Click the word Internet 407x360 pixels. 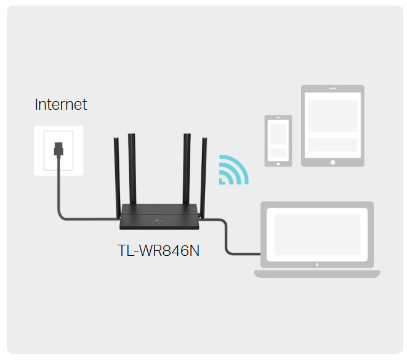click(x=61, y=104)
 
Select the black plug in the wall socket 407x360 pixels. click(x=58, y=150)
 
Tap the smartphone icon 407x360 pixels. click(x=278, y=141)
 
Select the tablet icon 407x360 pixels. click(x=332, y=126)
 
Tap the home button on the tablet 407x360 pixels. click(x=332, y=162)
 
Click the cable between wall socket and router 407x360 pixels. click(x=60, y=197)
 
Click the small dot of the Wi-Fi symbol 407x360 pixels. click(x=224, y=181)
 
